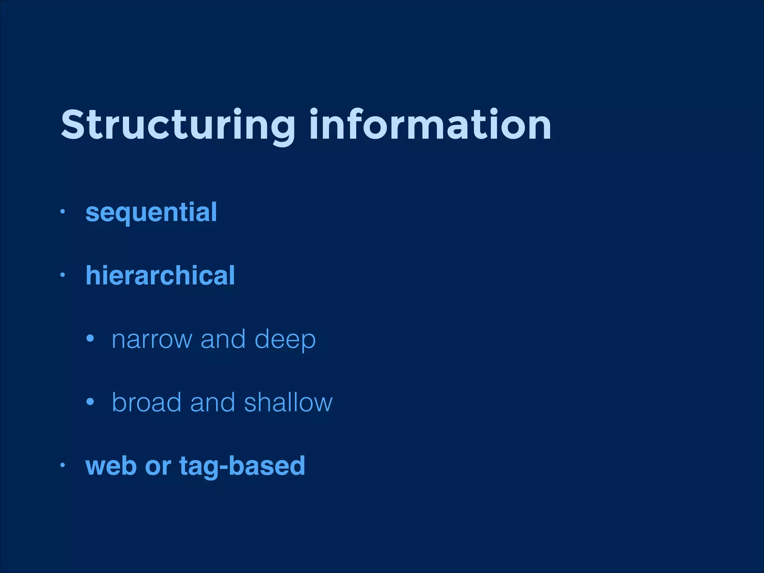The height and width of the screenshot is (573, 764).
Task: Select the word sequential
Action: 151,213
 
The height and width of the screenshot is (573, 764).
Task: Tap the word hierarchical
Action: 160,276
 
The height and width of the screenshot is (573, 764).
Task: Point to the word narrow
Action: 152,339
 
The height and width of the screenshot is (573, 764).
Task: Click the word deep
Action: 285,339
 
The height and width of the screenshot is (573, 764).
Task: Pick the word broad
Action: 147,403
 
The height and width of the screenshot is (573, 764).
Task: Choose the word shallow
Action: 288,403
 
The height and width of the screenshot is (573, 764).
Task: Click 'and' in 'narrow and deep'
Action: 223,339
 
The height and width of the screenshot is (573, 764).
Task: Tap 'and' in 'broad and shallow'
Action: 213,403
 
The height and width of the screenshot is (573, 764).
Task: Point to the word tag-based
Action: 242,466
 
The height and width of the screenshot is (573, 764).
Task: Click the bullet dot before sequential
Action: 63,212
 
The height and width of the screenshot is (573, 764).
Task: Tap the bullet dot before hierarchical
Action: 63,275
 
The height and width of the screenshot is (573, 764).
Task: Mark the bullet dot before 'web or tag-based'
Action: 63,465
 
